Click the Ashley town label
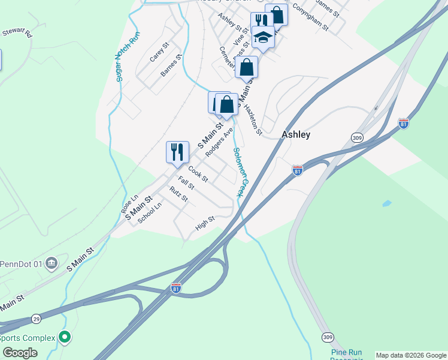(296, 135)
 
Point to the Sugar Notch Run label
(127, 56)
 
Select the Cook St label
(198, 174)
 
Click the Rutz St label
(178, 194)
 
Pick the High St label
(205, 224)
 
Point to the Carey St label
(159, 52)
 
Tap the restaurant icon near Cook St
(177, 151)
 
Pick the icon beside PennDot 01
(52, 263)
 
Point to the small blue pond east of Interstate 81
(386, 203)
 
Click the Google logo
(20, 353)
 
